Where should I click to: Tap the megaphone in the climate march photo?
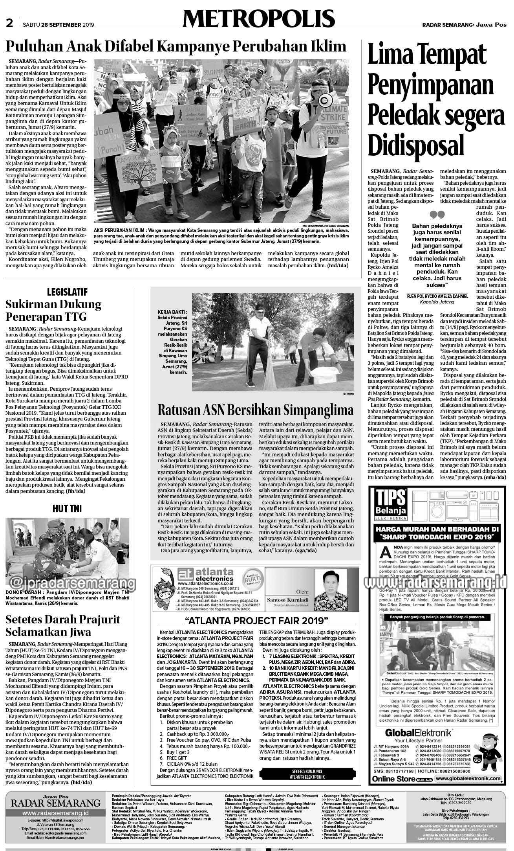point(325,101)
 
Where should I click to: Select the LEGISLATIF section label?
point(67,292)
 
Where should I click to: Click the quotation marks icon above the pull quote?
point(437,215)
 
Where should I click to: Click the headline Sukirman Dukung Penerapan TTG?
point(53,310)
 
